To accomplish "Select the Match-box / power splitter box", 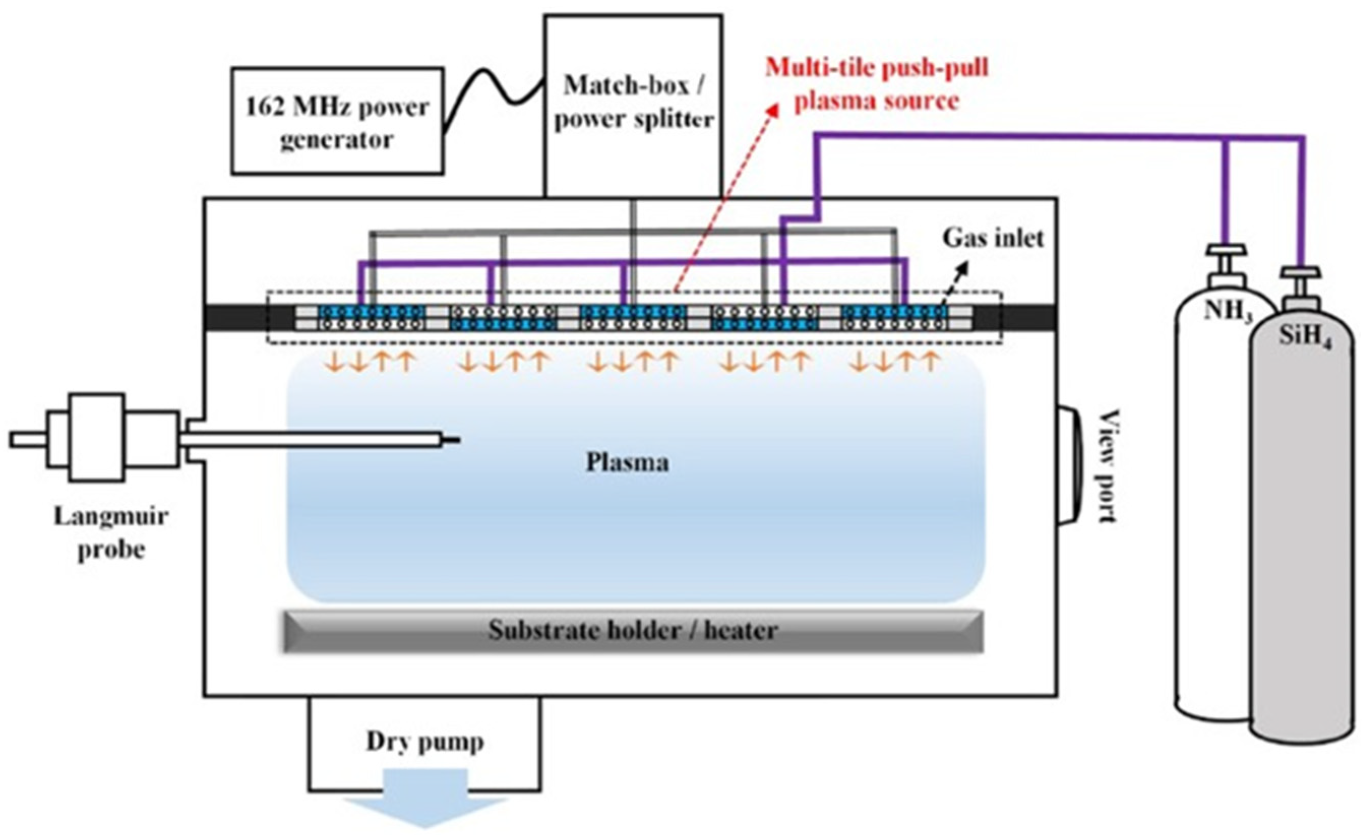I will [x=633, y=103].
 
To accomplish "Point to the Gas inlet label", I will [x=993, y=238].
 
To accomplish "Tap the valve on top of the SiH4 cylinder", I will [x=1300, y=283].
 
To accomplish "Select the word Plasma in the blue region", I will [x=627, y=462].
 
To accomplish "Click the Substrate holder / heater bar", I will [x=633, y=631].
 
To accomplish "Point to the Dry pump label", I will [x=425, y=742].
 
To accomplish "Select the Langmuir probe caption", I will [x=111, y=533].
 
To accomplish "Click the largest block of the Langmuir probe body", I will [x=97, y=437].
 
